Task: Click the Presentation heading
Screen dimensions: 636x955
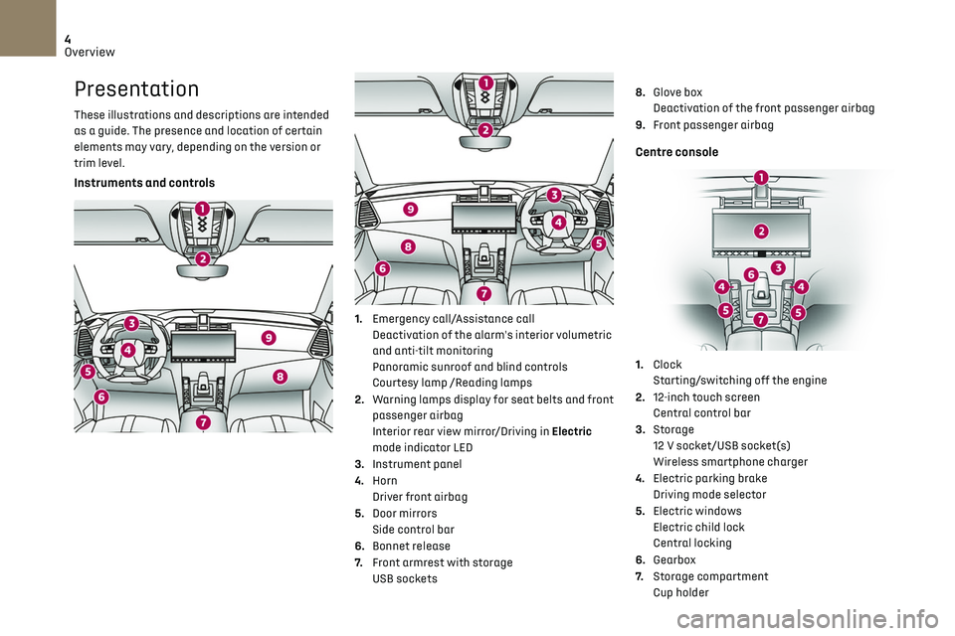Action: [136, 89]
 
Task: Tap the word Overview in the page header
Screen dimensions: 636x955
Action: [91, 52]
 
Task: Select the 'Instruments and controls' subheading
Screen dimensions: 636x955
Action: [144, 183]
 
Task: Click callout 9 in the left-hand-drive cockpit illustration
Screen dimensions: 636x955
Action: [269, 339]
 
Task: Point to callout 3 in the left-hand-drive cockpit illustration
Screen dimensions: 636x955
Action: [131, 322]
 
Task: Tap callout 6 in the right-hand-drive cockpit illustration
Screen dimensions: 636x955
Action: [383, 268]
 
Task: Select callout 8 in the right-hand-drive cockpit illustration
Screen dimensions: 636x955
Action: [408, 245]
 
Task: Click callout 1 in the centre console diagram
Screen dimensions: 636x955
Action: [761, 177]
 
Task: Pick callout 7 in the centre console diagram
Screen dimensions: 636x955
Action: [760, 320]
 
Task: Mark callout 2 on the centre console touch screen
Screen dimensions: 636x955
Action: [761, 231]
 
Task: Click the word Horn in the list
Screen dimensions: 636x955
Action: [385, 481]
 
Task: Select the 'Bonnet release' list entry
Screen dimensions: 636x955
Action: [411, 547]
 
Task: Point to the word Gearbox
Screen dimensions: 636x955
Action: [674, 560]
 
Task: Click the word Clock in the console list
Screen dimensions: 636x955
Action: [668, 365]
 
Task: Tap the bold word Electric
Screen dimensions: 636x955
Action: [570, 431]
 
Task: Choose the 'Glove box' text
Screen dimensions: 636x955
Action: [677, 92]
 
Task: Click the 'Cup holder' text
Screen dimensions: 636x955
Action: [680, 593]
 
